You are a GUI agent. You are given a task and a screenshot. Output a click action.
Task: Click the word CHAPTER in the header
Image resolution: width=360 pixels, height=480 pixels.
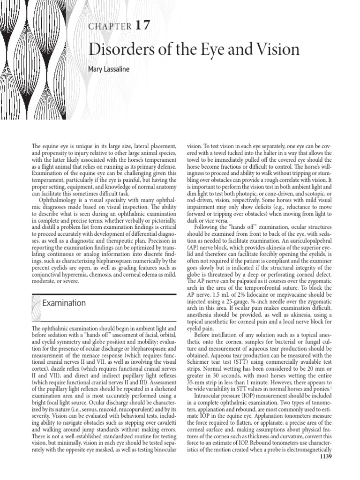coord(111,27)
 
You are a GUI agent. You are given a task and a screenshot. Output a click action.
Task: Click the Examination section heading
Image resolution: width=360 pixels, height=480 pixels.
coord(64,303)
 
